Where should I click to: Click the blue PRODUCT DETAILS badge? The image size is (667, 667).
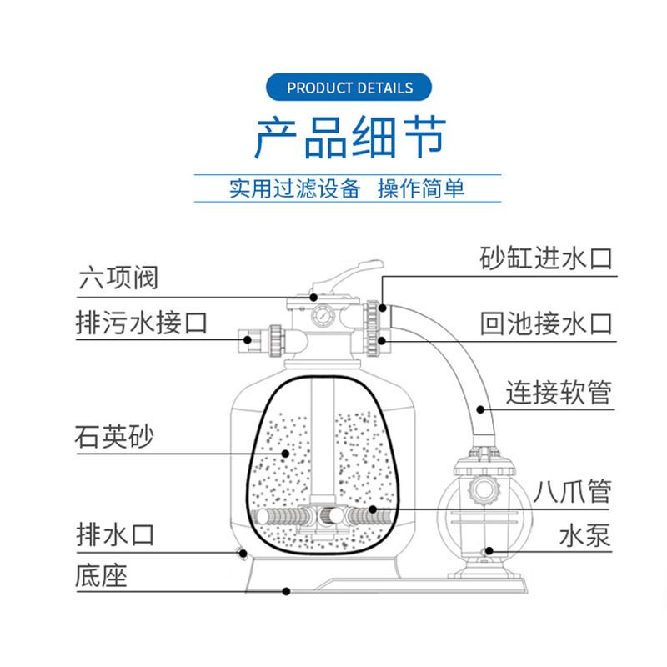(x=349, y=88)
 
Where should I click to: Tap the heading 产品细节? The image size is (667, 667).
(x=350, y=138)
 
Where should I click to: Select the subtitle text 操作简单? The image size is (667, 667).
(x=421, y=188)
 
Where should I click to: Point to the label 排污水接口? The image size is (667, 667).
(x=141, y=322)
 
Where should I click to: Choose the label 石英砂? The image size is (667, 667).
(x=114, y=437)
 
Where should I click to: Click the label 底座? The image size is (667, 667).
(x=101, y=575)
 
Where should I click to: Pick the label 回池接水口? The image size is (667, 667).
(x=546, y=323)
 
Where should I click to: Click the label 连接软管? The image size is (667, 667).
(x=559, y=391)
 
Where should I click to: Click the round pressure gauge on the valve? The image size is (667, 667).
(x=321, y=317)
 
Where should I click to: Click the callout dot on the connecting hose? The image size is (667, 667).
(x=481, y=409)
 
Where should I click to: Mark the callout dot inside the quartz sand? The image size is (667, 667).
(x=285, y=454)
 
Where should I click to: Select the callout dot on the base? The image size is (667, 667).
(x=286, y=591)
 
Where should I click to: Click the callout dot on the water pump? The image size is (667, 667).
(x=489, y=550)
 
